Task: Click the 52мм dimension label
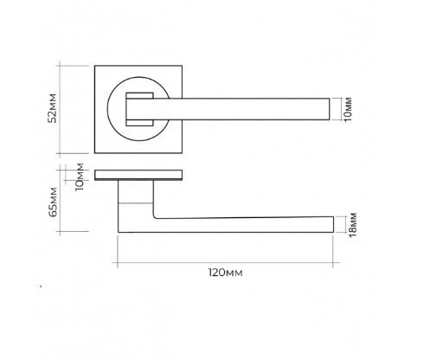point(53,108)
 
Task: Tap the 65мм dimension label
point(53,202)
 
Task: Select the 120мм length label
point(226,273)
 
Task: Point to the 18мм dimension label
point(352,225)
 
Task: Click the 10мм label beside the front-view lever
point(348,110)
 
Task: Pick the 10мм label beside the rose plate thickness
point(79,177)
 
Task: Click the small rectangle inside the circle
point(139,109)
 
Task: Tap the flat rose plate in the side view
point(138,175)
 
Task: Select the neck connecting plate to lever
point(136,192)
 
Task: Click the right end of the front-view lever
point(330,109)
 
